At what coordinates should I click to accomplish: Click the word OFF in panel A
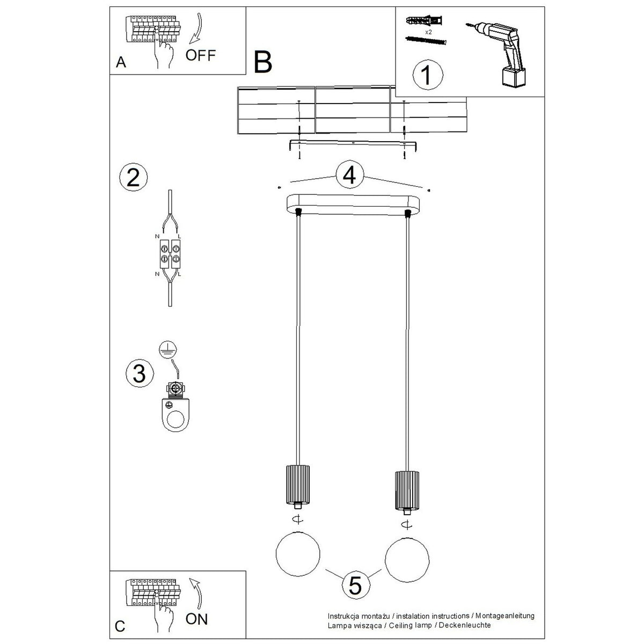click(201, 55)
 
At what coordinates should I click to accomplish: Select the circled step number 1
click(428, 75)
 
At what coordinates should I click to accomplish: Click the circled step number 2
click(133, 177)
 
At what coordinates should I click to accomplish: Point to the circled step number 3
click(140, 373)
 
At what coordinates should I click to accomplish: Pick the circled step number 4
click(349, 175)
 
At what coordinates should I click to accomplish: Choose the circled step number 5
click(355, 586)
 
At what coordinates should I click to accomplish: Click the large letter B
click(263, 62)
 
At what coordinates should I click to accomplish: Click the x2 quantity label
click(428, 32)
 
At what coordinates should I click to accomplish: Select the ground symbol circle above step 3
click(168, 350)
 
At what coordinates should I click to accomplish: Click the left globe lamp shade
click(298, 553)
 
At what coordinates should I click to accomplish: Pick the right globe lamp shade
click(407, 560)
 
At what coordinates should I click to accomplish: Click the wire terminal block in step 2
click(170, 254)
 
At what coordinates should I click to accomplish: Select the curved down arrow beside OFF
click(197, 28)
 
